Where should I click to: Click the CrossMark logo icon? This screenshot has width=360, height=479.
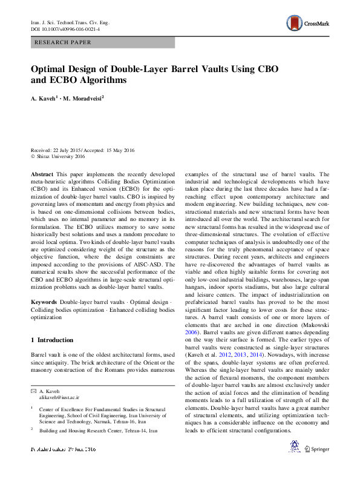point(295,25)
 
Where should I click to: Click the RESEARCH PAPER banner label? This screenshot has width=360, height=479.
point(64,42)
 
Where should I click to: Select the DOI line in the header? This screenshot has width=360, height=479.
point(65,29)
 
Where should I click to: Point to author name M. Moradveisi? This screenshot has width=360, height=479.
point(83,97)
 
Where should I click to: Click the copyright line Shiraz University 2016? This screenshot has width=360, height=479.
point(61,156)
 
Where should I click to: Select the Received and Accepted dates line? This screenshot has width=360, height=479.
point(83,150)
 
